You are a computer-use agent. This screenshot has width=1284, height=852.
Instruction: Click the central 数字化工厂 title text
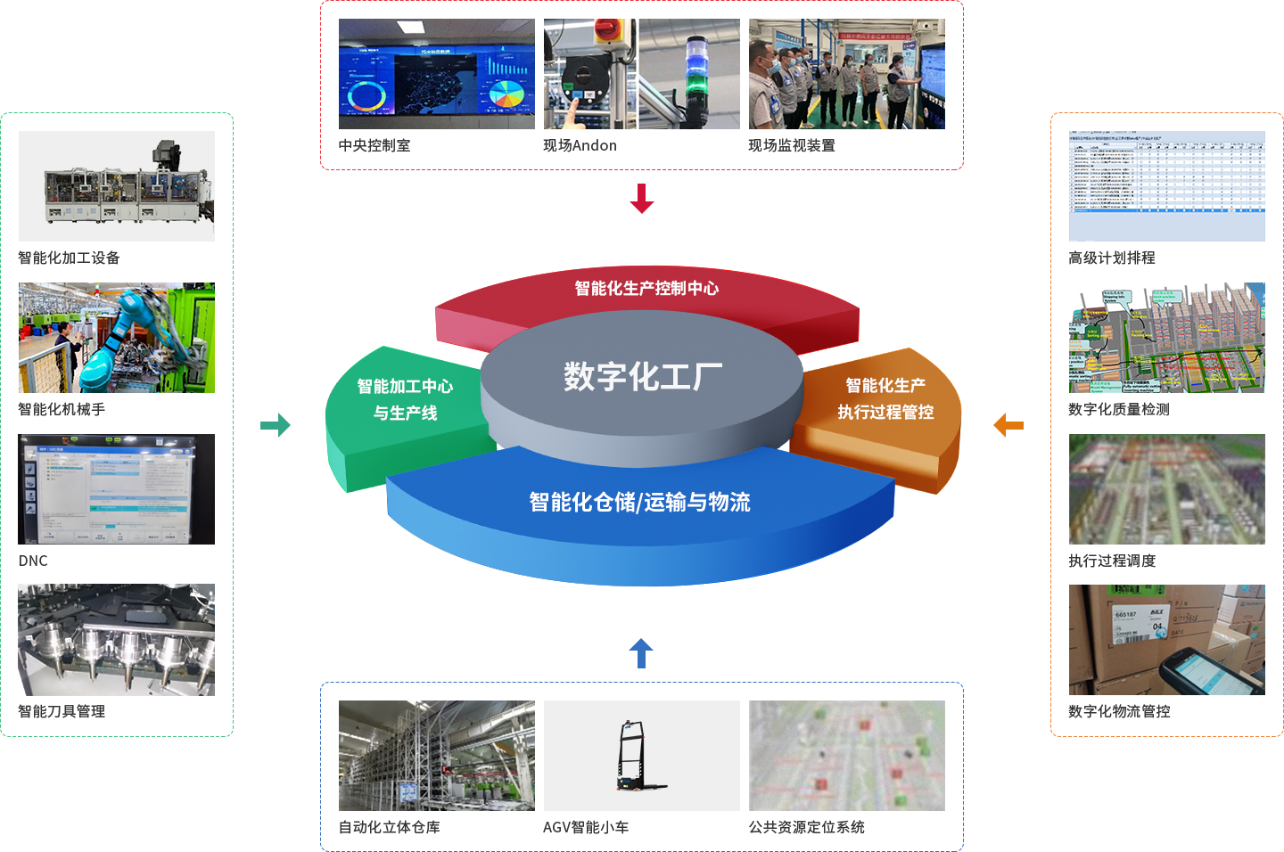[642, 377]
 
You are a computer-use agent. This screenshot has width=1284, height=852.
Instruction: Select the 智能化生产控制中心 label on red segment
[646, 288]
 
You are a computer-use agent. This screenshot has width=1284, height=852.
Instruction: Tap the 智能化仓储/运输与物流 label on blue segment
[639, 502]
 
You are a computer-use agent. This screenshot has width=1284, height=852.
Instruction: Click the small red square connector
[641, 198]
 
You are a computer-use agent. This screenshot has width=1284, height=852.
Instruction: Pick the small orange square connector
[1008, 424]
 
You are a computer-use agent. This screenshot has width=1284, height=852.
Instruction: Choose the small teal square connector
[275, 424]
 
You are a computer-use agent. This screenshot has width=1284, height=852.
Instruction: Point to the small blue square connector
[641, 652]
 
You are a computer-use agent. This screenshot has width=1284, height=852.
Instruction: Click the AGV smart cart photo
[641, 756]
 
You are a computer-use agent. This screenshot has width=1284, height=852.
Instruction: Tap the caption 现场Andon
[580, 145]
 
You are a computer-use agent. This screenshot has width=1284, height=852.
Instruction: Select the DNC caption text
[33, 561]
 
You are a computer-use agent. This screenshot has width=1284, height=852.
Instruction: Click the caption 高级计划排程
[1112, 258]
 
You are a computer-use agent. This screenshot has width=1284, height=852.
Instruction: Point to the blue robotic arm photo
[117, 338]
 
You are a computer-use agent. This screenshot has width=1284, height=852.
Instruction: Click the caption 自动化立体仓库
[390, 827]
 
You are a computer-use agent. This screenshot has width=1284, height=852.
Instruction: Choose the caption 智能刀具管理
[62, 711]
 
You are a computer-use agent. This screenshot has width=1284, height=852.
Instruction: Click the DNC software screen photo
[117, 489]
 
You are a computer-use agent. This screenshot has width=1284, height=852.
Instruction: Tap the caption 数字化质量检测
[1118, 409]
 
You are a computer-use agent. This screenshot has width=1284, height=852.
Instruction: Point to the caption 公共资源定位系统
[806, 827]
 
